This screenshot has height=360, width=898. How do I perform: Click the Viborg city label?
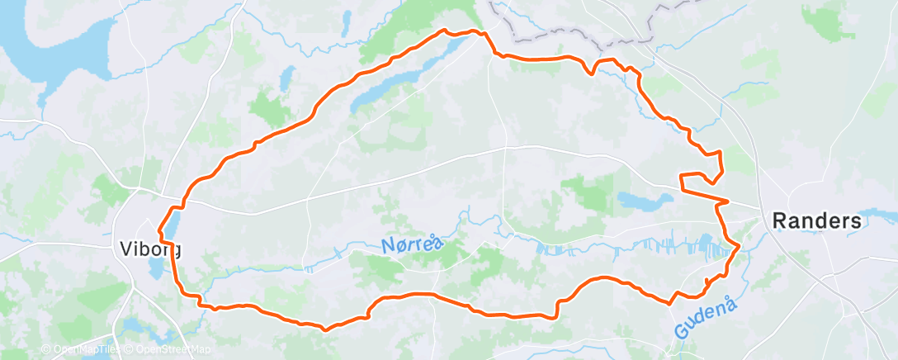[150, 248]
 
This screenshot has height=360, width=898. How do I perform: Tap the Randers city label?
[816, 221]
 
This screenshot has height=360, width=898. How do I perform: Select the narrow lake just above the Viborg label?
[173, 224]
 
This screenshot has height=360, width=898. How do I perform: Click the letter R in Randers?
[777, 221]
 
